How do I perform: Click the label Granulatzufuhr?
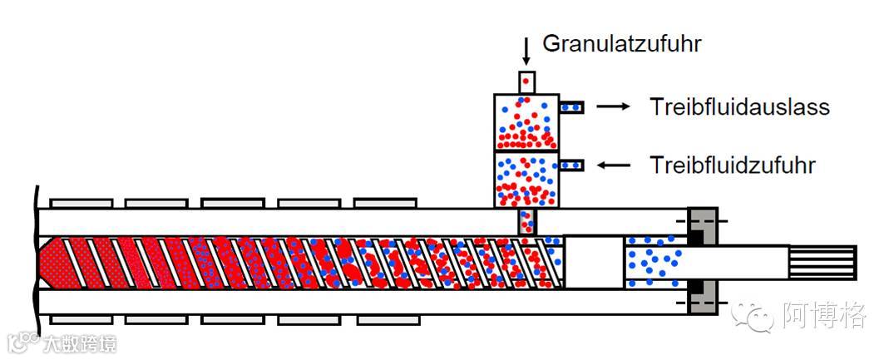622,43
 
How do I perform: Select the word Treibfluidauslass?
739,107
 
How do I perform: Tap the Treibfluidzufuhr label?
732,165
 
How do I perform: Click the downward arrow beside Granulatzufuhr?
526,52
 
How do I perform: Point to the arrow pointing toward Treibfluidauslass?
614,106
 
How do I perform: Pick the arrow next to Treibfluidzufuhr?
614,165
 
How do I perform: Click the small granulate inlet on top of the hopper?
526,81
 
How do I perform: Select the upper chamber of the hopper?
526,121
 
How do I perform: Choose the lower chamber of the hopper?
526,180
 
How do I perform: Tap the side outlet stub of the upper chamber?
572,106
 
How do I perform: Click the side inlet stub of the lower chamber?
572,165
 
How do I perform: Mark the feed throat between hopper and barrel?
527,221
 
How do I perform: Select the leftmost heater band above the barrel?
81,203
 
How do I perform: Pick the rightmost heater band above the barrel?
385,203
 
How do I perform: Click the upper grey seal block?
703,224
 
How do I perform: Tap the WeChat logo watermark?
752,315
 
